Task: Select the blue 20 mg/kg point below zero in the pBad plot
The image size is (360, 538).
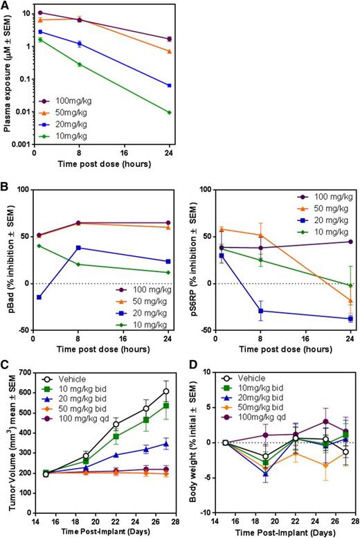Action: (39, 297)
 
